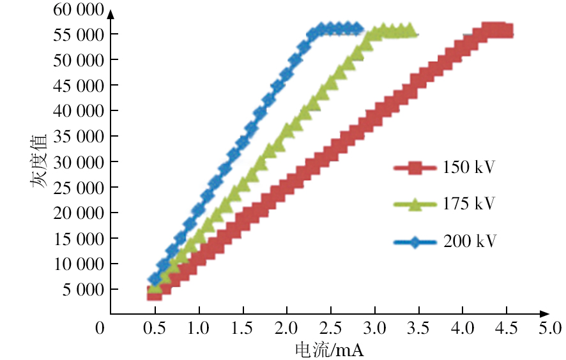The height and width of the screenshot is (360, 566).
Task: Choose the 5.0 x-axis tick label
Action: tap(549, 329)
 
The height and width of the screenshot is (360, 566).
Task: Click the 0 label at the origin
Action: tap(99, 329)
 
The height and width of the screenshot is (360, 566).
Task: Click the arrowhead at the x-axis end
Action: tap(544, 313)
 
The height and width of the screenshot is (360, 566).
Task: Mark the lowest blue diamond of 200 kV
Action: tap(154, 280)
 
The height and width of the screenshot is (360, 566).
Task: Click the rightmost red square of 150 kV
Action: tap(507, 31)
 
